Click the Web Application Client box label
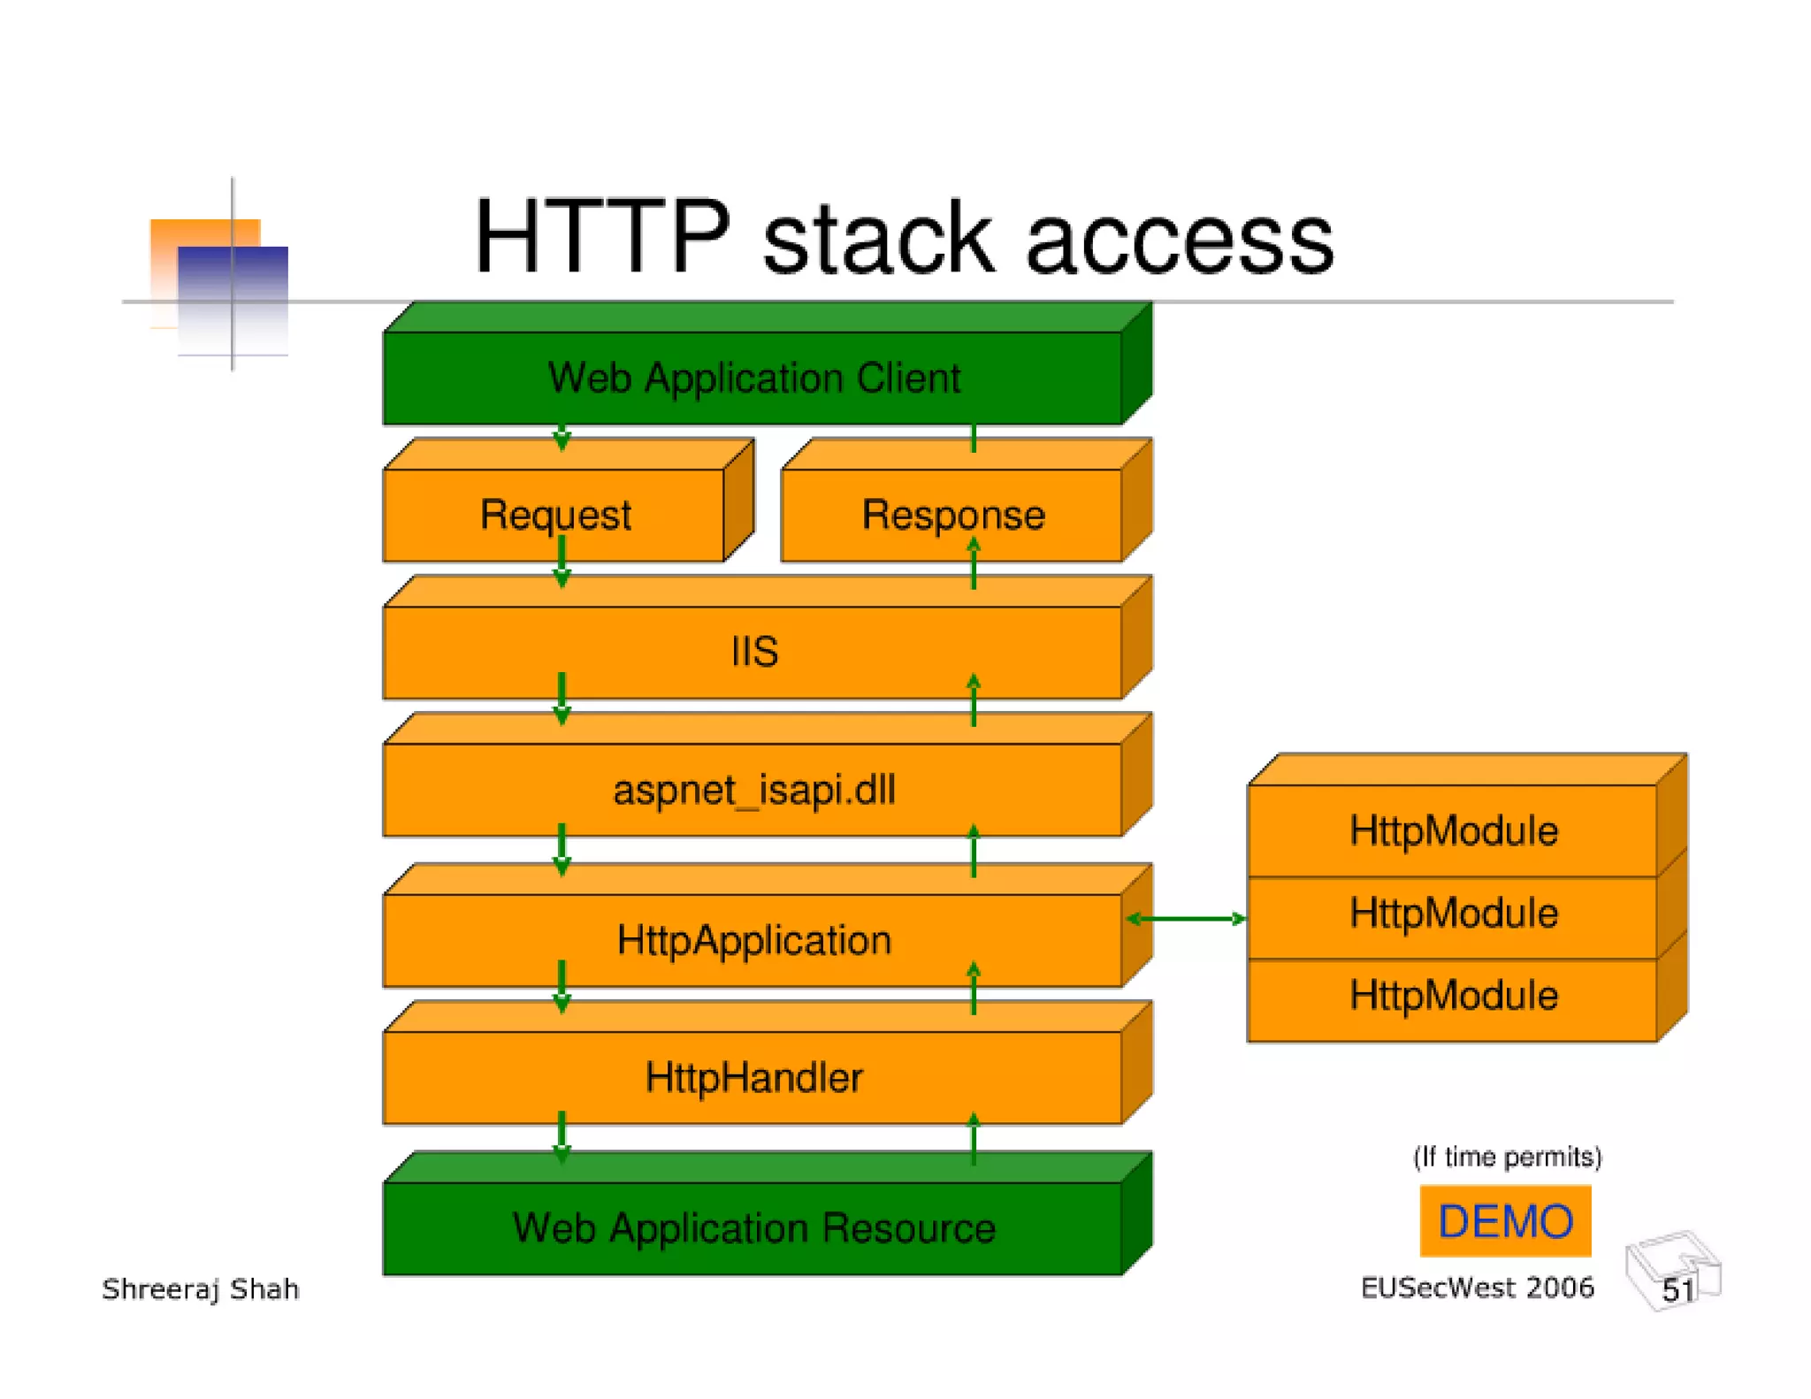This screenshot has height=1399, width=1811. (x=753, y=378)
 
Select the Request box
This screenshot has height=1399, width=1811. (x=555, y=515)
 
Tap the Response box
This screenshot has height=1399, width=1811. (x=952, y=515)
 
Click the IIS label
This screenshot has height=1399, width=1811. (x=754, y=652)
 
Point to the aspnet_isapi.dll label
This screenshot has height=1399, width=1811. (x=753, y=790)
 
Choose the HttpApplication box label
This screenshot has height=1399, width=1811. (x=753, y=940)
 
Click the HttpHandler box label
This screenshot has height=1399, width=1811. (x=753, y=1078)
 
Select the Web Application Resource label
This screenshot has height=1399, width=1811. (x=753, y=1228)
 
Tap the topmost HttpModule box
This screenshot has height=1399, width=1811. (x=1453, y=830)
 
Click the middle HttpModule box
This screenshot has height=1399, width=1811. (x=1453, y=914)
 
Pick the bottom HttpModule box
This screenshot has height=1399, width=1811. (x=1453, y=996)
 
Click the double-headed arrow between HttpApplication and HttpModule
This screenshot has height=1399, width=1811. (x=1187, y=919)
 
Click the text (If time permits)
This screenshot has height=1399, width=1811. (x=1507, y=1157)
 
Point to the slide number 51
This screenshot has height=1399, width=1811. (x=1677, y=1289)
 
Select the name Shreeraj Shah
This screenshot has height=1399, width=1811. (x=201, y=1289)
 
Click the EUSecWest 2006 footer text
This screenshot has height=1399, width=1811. (x=1477, y=1288)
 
